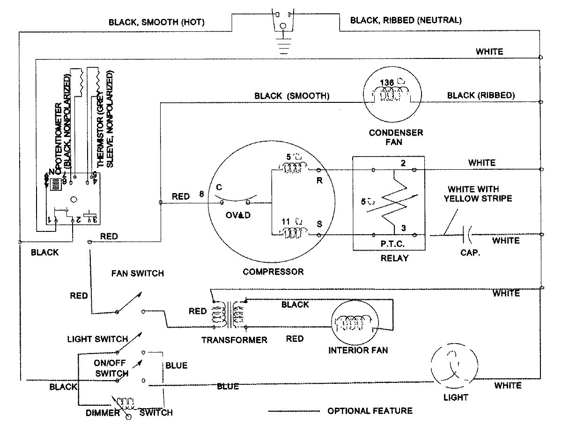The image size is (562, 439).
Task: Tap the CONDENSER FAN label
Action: tap(396, 137)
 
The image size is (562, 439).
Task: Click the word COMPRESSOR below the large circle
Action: tap(273, 272)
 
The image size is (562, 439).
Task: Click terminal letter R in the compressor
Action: tap(320, 181)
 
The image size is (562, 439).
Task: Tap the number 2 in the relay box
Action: tap(402, 163)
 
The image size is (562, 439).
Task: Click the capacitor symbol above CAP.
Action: tap(466, 234)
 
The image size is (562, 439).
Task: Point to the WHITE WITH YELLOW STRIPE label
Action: tap(480, 194)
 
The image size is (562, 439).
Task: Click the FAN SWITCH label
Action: tap(137, 273)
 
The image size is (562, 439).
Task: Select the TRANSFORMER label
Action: tap(234, 340)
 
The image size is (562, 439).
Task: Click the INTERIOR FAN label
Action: tap(358, 350)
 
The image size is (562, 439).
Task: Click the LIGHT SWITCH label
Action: tap(97, 338)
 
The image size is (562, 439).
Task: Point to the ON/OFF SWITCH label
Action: tap(111, 369)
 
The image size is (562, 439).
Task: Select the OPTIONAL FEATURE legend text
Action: tap(370, 411)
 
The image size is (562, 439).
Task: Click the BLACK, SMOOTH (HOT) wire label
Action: tap(156, 22)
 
